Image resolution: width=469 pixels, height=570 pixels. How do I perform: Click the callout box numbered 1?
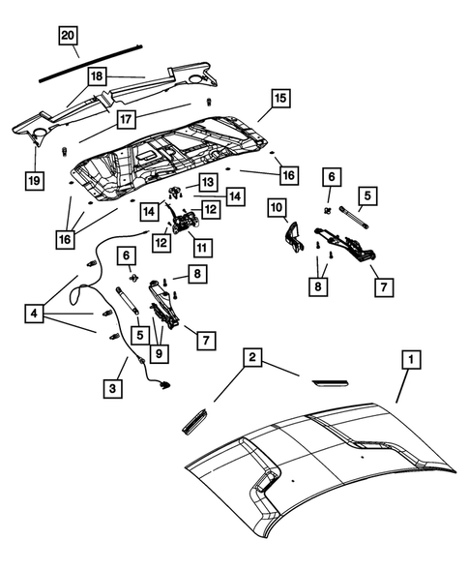(x=410, y=361)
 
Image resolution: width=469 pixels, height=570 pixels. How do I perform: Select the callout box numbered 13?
(x=208, y=182)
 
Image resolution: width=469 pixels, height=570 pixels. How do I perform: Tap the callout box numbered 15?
(x=278, y=98)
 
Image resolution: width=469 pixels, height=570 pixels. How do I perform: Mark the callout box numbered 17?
(x=126, y=120)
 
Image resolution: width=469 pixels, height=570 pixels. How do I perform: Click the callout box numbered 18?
(x=97, y=75)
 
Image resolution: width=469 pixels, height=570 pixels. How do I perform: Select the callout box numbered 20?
(x=67, y=37)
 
